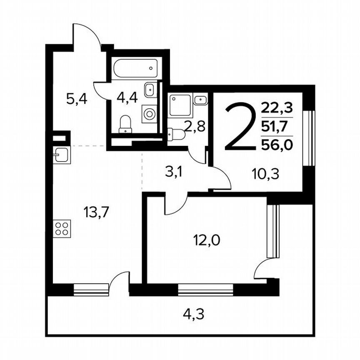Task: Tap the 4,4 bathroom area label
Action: coord(127,99)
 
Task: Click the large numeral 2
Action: coord(240,128)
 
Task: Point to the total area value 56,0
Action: coord(277,144)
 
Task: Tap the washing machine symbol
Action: coord(149,112)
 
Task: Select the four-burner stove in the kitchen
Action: coord(62,229)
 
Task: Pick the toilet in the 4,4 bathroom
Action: coord(125,124)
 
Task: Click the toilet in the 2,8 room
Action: coord(177,135)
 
